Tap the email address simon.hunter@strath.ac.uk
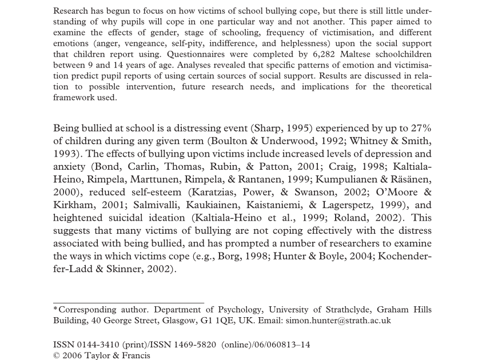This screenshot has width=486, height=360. point(338,321)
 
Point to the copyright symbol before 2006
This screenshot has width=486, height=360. point(57,355)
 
